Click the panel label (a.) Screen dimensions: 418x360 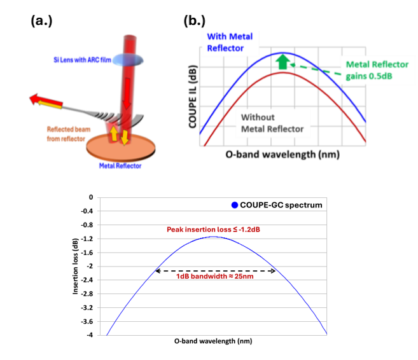click(x=41, y=21)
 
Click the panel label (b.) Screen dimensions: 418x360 click(x=195, y=21)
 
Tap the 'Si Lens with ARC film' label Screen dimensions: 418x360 click(x=82, y=60)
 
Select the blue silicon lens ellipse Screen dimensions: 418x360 click(x=128, y=60)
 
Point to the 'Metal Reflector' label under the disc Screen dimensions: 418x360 click(x=120, y=166)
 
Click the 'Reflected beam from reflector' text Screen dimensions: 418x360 click(x=69, y=134)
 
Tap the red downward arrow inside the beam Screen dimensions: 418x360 click(x=127, y=93)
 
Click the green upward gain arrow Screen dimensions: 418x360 click(x=282, y=62)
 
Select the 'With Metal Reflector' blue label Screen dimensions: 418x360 click(x=230, y=43)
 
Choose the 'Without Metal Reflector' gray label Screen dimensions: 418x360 click(x=272, y=123)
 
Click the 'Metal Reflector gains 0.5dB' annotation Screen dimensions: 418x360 click(x=377, y=71)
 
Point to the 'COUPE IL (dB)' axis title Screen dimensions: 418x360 click(x=193, y=97)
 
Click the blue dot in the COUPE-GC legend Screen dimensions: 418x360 click(x=235, y=205)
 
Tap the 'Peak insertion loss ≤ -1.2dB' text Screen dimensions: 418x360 click(x=213, y=230)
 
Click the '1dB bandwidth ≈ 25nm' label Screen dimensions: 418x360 click(x=215, y=276)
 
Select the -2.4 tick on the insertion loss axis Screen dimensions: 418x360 click(x=87, y=280)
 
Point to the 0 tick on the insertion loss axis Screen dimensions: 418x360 click(x=91, y=197)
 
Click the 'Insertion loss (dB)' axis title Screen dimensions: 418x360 click(x=75, y=267)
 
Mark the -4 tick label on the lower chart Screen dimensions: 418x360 click(x=90, y=335)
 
